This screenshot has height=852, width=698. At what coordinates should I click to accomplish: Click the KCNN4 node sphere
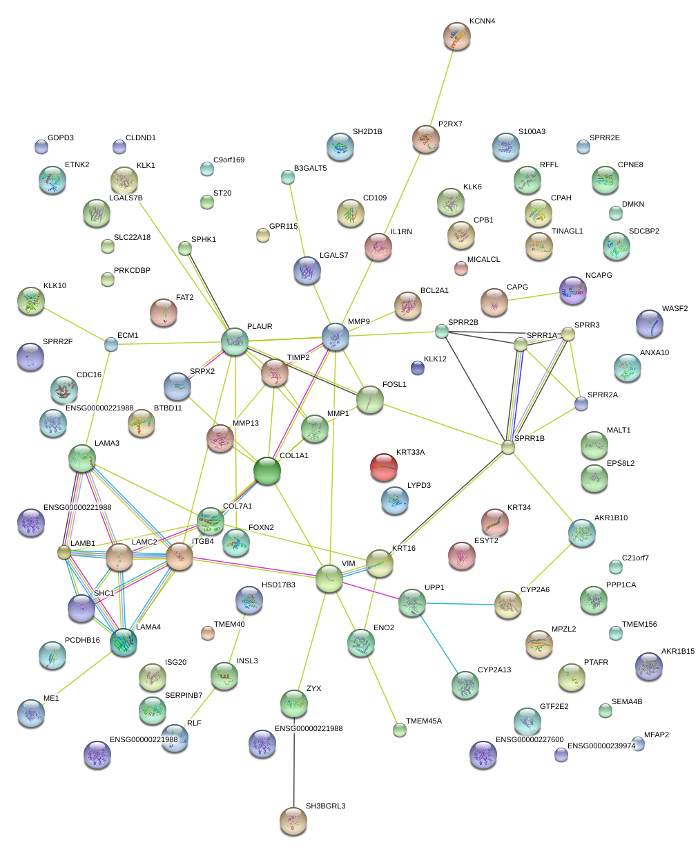[456, 36]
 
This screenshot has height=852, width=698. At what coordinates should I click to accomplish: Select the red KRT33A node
[384, 467]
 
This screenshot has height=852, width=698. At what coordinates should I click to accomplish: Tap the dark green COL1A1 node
[267, 471]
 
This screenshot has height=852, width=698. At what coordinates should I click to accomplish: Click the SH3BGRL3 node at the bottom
[293, 820]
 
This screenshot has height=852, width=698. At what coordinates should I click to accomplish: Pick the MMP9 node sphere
[336, 337]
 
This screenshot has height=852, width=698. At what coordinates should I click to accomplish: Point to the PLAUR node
[235, 341]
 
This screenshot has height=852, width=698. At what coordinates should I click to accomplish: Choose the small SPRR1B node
[508, 448]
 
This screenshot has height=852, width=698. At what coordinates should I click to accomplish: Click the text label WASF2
[675, 309]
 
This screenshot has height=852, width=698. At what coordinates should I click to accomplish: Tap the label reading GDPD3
[60, 138]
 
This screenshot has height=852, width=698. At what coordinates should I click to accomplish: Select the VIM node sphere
[329, 578]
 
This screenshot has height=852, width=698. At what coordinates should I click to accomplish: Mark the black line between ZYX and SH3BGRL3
[293, 760]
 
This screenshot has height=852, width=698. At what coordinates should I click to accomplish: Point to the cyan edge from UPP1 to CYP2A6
[459, 604]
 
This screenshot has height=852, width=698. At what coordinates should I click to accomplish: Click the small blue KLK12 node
[417, 367]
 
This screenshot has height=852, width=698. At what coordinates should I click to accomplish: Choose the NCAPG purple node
[573, 291]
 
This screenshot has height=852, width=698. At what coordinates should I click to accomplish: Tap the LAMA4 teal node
[124, 641]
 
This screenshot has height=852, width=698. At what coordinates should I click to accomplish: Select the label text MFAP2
[656, 735]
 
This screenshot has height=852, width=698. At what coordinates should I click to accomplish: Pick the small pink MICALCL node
[461, 268]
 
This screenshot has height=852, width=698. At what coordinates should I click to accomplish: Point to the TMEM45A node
[399, 728]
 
